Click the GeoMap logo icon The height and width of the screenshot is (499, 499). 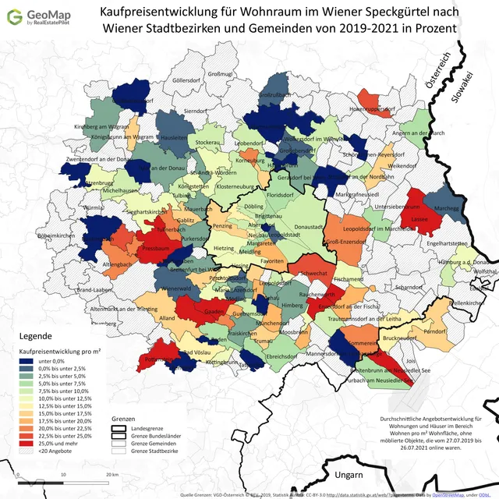(x=14, y=16)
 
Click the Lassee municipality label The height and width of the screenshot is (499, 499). (x=420, y=220)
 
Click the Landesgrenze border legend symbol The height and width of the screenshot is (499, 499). (x=119, y=428)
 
